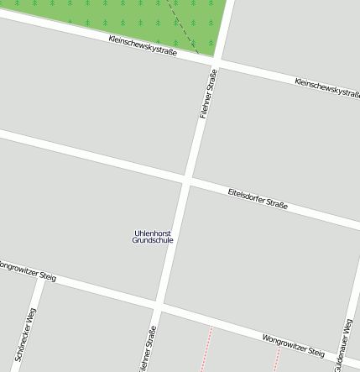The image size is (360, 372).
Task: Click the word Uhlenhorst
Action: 153,233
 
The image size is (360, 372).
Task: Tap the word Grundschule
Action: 153,240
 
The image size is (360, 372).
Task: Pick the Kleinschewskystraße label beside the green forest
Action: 143,45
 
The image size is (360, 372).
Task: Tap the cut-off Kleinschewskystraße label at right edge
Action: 327,86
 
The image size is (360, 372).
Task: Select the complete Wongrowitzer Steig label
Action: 293,345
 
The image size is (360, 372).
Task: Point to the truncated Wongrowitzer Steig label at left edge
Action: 27,270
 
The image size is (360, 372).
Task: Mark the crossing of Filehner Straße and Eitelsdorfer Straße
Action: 187,180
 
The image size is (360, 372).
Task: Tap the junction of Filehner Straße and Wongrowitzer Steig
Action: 159,305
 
